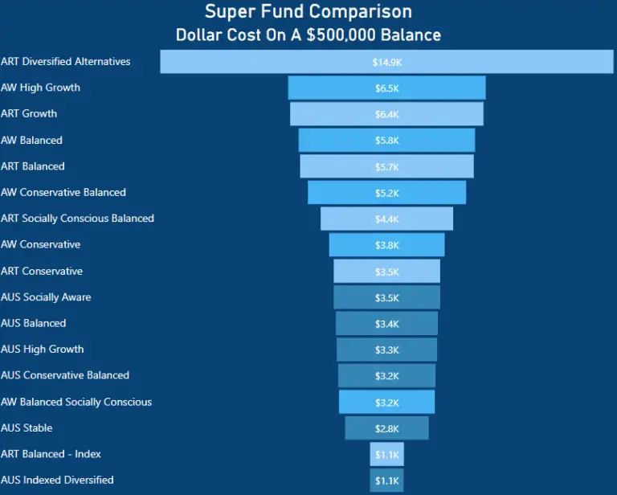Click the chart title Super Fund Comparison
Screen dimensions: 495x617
[308, 12]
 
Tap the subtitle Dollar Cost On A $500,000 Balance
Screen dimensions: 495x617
[308, 35]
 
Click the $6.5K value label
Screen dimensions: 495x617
[386, 88]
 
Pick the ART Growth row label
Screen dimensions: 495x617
[29, 113]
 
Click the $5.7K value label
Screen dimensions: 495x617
[386, 167]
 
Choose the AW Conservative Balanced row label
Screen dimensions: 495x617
[63, 192]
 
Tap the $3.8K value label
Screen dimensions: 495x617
[386, 245]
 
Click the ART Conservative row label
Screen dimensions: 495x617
[42, 271]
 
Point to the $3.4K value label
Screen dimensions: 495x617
[386, 324]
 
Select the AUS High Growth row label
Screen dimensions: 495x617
[43, 349]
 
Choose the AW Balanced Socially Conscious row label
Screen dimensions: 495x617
[76, 402]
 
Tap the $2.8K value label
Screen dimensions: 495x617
[386, 428]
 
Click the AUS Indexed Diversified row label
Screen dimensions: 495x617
[57, 480]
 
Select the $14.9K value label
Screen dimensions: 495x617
[386, 62]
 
